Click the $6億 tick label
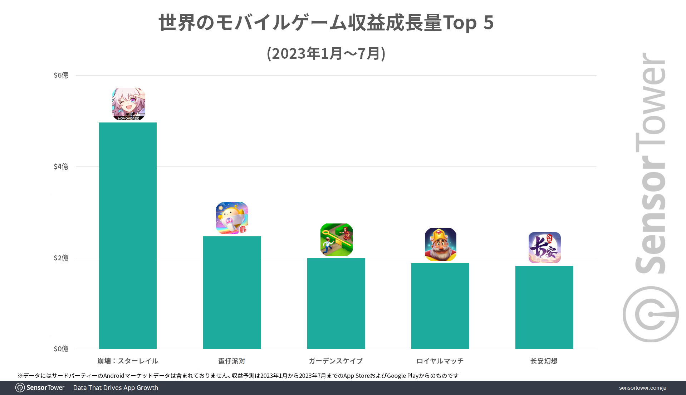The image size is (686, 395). click(61, 75)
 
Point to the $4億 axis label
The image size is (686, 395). click(61, 167)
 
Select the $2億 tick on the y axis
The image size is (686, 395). click(61, 258)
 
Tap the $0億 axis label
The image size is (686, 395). click(61, 349)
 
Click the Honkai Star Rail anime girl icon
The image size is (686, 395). click(129, 104)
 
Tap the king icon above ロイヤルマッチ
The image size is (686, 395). click(440, 244)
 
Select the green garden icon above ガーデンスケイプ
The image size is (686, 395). click(336, 240)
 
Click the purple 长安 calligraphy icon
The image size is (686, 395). click(544, 247)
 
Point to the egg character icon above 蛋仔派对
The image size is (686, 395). click(232, 218)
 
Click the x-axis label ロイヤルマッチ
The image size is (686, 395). click(440, 361)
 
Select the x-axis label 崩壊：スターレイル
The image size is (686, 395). click(128, 361)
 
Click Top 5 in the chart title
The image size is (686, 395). click(468, 23)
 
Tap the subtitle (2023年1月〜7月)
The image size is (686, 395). click(326, 53)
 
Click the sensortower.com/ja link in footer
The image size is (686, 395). click(642, 388)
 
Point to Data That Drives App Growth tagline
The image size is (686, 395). click(116, 388)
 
